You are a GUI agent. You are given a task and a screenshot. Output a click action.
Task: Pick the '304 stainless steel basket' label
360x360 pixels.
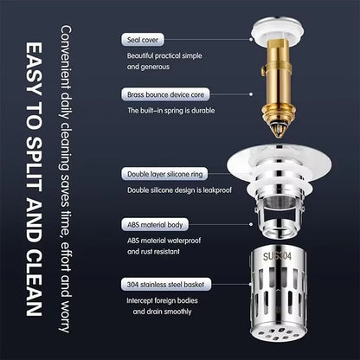(x=166, y=282)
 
